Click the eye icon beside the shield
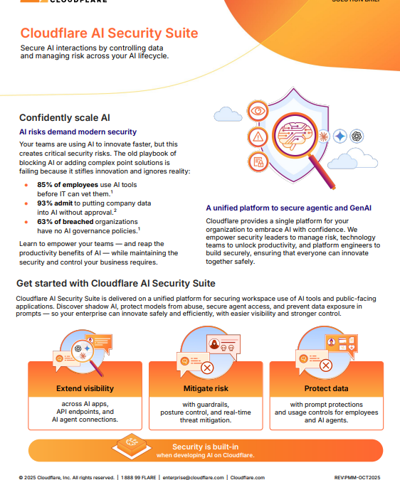257,112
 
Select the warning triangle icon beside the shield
257,137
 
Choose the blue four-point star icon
340,137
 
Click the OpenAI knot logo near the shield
357,137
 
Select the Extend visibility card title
85,389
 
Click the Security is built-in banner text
205,447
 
